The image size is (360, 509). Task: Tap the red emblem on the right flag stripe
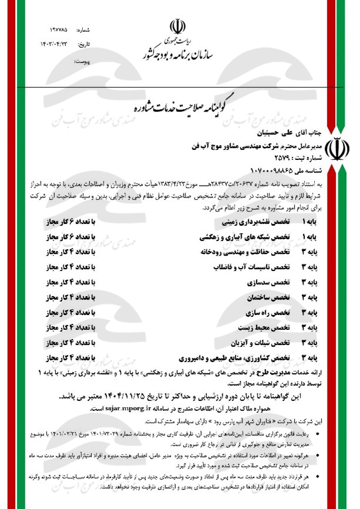click(x=341, y=149)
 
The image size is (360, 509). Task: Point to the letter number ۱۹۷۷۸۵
click(x=61, y=29)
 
